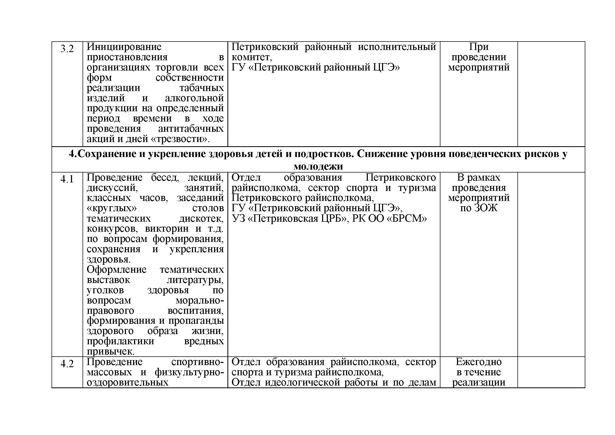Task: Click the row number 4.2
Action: click(67, 364)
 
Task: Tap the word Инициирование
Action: click(124, 47)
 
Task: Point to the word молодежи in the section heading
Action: click(318, 166)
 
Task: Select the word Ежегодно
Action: click(479, 362)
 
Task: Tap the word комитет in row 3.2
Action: click(251, 57)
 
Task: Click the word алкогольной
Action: click(194, 98)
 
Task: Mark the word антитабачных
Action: click(191, 129)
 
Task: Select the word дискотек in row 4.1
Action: click(201, 219)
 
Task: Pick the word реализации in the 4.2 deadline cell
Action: click(479, 382)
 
